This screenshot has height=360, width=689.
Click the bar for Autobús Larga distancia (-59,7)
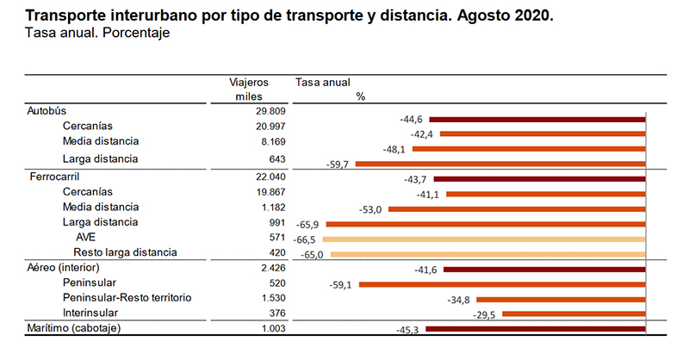(x=500, y=163)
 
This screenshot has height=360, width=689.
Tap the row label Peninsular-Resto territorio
(x=127, y=297)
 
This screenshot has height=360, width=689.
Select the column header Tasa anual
(x=322, y=82)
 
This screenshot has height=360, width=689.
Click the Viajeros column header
(x=248, y=82)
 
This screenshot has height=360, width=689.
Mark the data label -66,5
(x=310, y=239)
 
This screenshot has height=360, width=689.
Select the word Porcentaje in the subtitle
(x=138, y=33)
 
